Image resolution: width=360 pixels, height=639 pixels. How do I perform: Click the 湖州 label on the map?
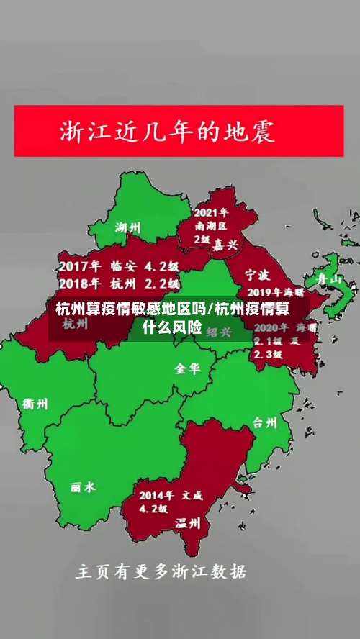128,228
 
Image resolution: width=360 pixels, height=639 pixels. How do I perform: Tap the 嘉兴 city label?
225,245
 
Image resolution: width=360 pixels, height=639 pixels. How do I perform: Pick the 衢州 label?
35,404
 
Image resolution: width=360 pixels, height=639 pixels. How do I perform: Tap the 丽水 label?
83,487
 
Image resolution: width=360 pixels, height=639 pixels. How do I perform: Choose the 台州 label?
264,422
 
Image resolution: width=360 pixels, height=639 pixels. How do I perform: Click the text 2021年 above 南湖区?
211,213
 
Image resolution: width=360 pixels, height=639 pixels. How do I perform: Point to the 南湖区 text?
211,226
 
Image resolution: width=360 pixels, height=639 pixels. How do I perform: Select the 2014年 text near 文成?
156,495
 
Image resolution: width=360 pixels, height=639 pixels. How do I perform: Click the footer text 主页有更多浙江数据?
161,572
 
